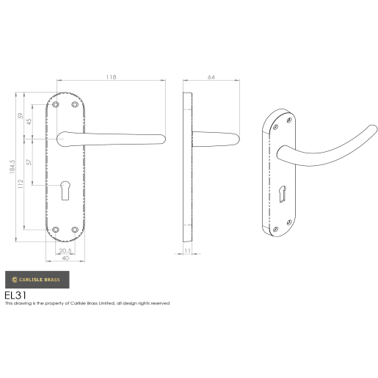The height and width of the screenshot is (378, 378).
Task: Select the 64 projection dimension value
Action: tap(211, 77)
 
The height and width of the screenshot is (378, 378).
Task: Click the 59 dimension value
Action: tap(21, 116)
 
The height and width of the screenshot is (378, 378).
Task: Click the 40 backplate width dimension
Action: tap(65, 258)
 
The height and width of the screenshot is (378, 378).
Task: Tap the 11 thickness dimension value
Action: tap(188, 251)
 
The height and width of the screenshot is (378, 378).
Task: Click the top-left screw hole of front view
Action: tap(57, 105)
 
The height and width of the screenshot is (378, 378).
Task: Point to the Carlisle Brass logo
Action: tap(37, 280)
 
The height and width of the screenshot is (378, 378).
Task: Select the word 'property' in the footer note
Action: tap(49, 302)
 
